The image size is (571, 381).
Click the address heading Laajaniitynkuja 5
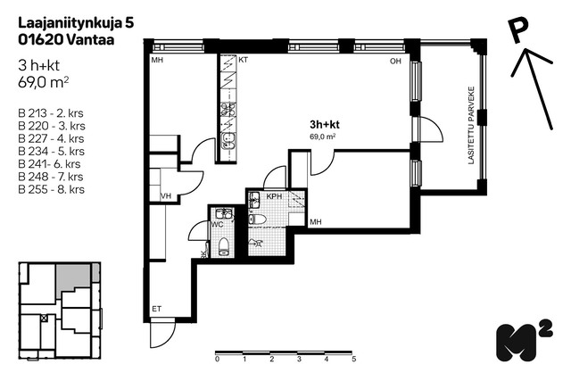[x=76, y=23]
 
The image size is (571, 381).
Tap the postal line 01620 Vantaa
[x=66, y=39]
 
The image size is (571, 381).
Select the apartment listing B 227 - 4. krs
[x=51, y=138]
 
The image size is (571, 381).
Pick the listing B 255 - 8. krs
[x=52, y=189]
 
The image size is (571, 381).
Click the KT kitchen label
[x=243, y=60]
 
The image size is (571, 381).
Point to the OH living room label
[x=395, y=62]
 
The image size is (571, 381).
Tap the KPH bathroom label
[x=274, y=196]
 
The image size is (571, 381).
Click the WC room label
[x=217, y=225]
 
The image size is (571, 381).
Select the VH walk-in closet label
[x=166, y=196]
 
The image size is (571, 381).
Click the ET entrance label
[x=157, y=309]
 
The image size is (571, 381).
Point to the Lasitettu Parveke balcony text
[x=471, y=125]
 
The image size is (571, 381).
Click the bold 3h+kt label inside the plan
[x=325, y=125]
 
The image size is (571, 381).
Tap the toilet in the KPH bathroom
[x=258, y=219]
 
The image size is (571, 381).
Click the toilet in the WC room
[x=223, y=246]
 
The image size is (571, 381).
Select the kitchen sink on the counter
[x=228, y=141]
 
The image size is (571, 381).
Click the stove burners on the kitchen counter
[x=228, y=109]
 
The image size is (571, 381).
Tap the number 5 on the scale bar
[x=353, y=359]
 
